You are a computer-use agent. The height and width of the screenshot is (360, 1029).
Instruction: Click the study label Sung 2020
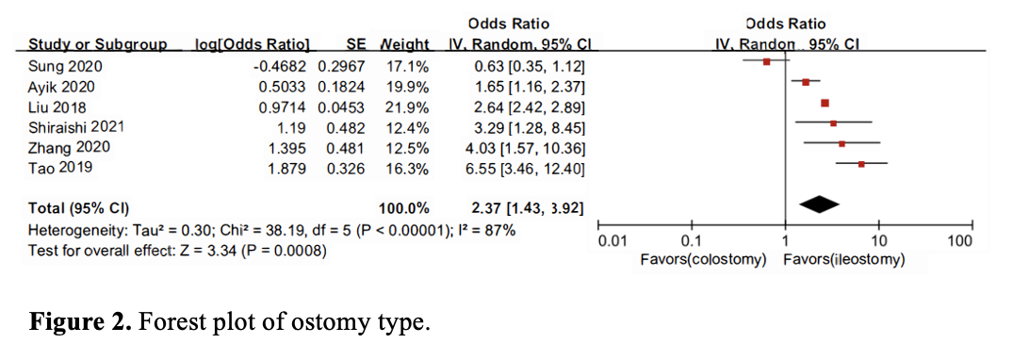65,66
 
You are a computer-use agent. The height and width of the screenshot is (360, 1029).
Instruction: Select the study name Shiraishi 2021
76,126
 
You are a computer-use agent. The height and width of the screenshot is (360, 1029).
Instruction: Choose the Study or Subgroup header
97,44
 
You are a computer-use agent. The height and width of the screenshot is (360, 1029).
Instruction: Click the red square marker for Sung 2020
766,62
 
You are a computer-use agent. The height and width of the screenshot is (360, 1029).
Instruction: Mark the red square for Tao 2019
861,165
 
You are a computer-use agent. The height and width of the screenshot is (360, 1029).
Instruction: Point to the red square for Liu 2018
825,103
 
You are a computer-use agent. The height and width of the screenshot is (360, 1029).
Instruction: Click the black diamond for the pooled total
819,202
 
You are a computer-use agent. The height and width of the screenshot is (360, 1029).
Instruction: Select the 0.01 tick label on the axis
612,242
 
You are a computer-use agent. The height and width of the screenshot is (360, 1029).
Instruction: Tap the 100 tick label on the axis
959,242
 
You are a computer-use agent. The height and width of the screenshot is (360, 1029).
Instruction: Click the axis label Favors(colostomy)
702,259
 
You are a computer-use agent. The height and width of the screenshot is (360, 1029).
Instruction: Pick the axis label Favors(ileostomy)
843,259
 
